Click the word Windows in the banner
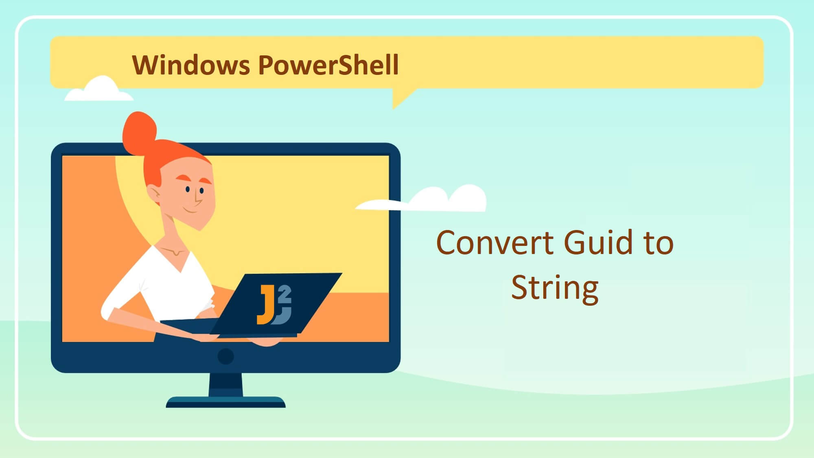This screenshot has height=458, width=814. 190,65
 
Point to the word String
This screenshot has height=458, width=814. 555,288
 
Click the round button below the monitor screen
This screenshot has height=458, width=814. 225,357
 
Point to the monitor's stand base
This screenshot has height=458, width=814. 225,402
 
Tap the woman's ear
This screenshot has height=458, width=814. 154,195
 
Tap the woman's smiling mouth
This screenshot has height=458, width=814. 190,210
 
